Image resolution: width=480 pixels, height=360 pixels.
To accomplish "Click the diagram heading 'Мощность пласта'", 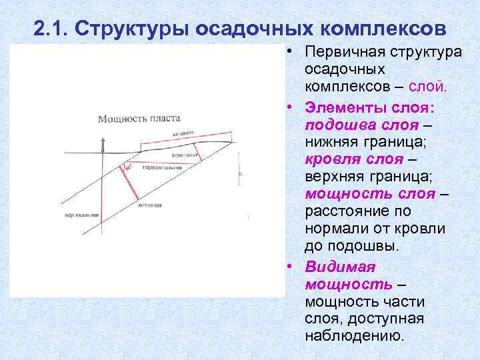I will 139,119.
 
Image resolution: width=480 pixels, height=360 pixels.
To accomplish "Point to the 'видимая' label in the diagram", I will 183,133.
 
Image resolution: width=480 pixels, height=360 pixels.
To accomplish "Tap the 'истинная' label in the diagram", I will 150,205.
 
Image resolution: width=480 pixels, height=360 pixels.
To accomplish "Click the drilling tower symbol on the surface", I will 103,143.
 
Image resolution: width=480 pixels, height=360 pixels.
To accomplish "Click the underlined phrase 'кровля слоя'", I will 354,159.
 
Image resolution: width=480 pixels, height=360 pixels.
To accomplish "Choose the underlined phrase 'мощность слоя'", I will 370,194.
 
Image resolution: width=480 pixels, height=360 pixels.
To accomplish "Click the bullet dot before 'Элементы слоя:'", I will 291,107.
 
